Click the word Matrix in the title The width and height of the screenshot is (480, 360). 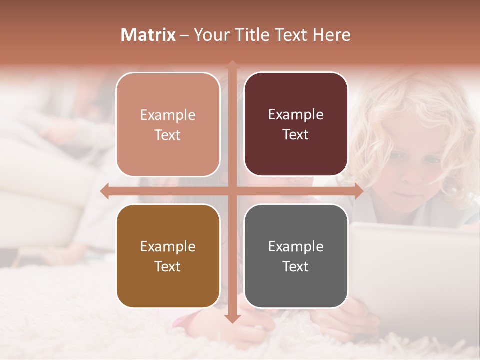point(148,35)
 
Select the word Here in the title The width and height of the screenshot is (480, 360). point(332,35)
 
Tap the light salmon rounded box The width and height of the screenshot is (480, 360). point(168,124)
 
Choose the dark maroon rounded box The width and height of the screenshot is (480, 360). point(296,124)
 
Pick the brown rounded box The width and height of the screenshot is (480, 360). point(168,256)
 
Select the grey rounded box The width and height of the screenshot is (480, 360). point(296,256)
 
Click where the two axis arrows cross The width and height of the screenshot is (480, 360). point(232,191)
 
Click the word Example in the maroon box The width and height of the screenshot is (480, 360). point(296,115)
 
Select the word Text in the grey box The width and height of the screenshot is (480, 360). point(296,266)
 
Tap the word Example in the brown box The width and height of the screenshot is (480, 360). point(168,246)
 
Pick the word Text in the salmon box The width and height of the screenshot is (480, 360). point(168,135)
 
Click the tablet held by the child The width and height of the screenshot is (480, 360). point(415,260)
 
